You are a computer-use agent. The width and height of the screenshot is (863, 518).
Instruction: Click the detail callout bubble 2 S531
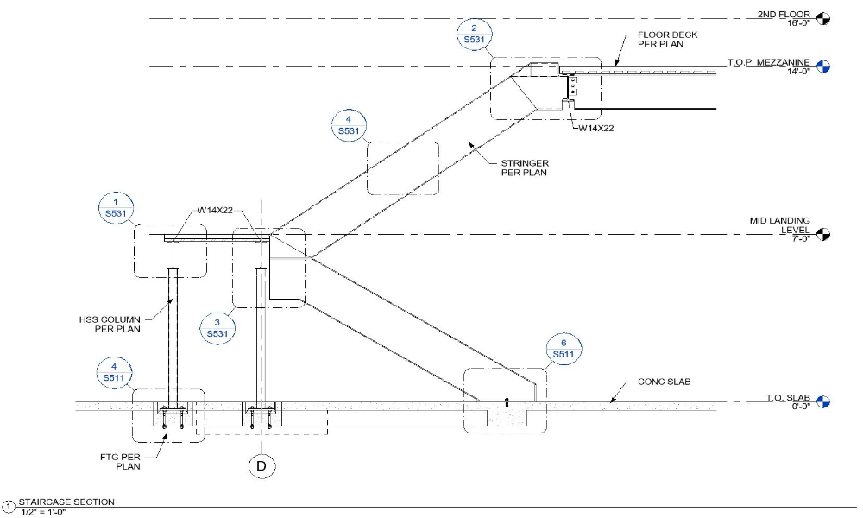pyautogui.click(x=472, y=34)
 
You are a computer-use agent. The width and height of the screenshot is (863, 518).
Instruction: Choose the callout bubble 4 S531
pyautogui.click(x=348, y=124)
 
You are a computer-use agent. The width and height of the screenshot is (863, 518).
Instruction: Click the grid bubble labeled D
pyautogui.click(x=260, y=467)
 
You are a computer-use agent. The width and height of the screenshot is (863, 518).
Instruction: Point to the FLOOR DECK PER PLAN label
pyautogui.click(x=667, y=40)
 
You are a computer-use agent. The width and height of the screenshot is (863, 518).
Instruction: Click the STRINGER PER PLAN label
pyautogui.click(x=525, y=167)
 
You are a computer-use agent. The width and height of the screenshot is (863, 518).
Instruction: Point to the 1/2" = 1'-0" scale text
pyautogui.click(x=42, y=512)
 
